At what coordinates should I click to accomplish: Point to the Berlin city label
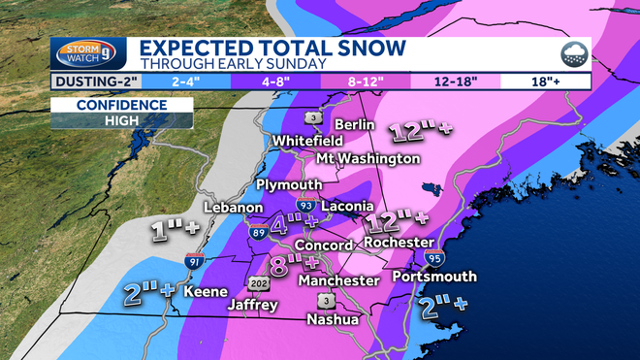[x=355, y=124]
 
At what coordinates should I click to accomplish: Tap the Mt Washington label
[x=368, y=158]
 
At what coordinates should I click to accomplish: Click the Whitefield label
[x=306, y=141]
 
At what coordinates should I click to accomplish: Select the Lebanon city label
[x=234, y=208]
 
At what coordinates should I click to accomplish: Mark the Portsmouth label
[x=434, y=277]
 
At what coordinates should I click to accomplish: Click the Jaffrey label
[x=252, y=305]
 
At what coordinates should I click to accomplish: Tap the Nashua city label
[x=333, y=318]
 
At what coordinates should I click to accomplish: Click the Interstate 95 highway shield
[x=432, y=257]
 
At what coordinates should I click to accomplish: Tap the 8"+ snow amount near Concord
[x=295, y=264]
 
